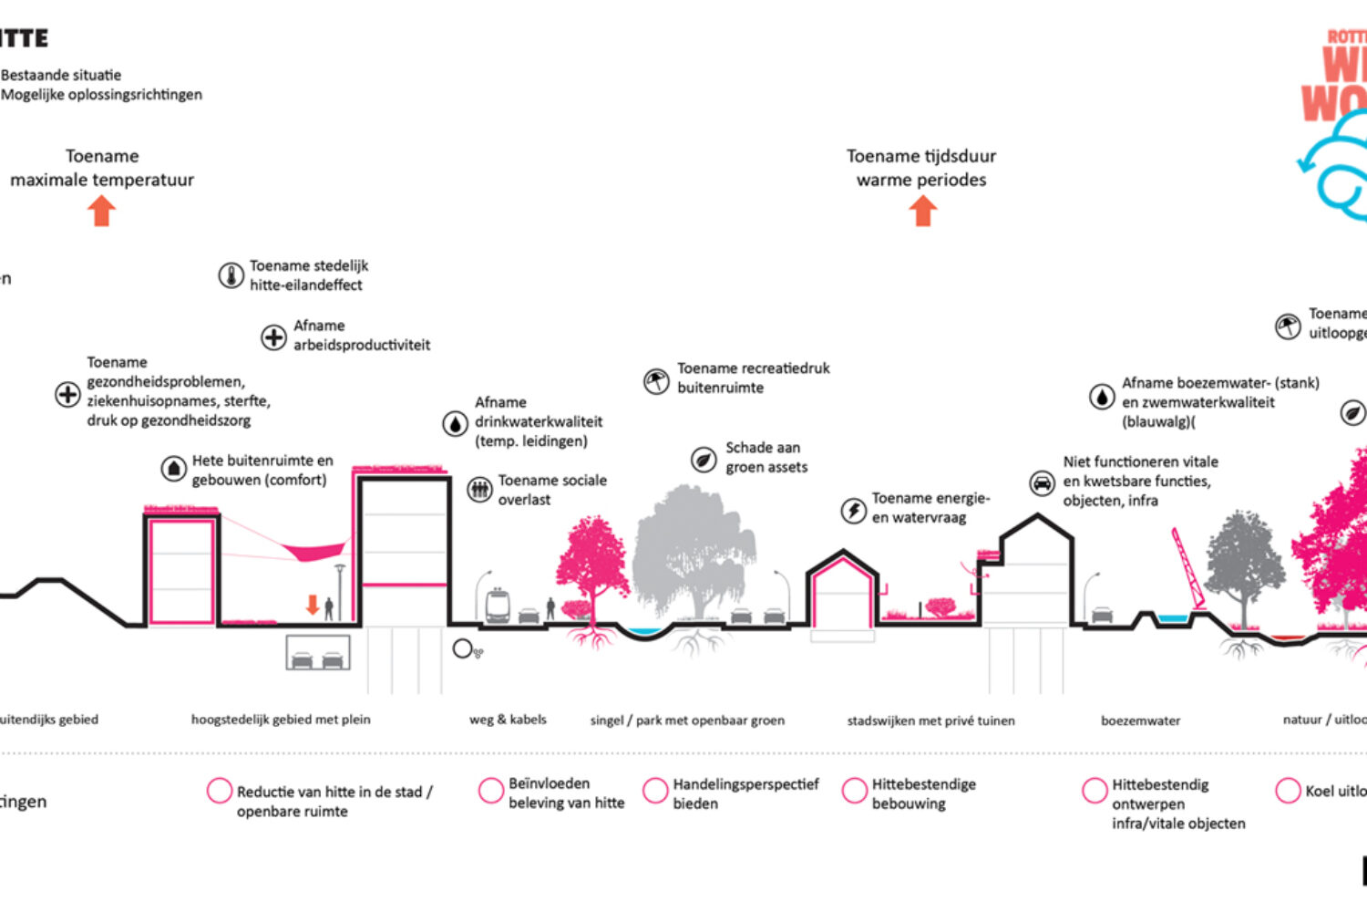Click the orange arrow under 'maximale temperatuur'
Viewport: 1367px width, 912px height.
tap(102, 212)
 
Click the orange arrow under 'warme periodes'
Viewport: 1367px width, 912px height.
tap(922, 212)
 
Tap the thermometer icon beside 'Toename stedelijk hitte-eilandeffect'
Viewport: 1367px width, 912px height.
tap(231, 275)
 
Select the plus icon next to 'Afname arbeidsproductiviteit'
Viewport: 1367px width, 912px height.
tap(273, 337)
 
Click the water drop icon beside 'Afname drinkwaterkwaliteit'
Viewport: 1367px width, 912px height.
tap(455, 423)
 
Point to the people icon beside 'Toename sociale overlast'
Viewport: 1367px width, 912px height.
tap(479, 490)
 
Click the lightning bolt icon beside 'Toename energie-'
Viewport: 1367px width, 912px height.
tap(853, 510)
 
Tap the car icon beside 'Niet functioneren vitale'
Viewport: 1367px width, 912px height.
tap(1042, 482)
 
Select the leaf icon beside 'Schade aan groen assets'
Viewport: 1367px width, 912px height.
tap(704, 460)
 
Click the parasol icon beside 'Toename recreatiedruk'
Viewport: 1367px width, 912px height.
tap(656, 380)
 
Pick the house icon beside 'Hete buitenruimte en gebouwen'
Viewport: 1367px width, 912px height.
tap(173, 470)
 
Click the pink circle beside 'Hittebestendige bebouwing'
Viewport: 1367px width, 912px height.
tap(855, 791)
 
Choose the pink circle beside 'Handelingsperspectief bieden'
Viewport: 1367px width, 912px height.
tap(655, 791)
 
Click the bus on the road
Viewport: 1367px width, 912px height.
tap(498, 606)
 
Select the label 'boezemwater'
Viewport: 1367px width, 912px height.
tap(1140, 720)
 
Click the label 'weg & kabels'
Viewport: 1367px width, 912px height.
tap(508, 720)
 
